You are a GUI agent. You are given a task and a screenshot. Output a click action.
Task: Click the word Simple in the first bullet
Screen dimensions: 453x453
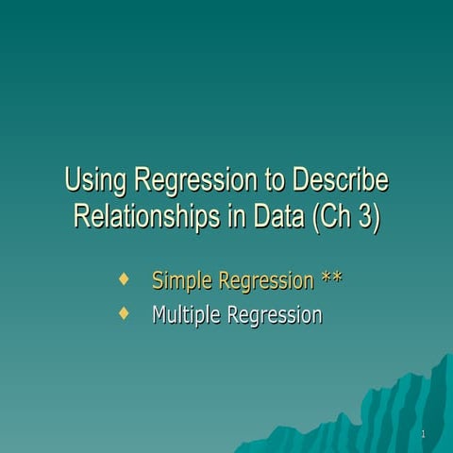(x=181, y=280)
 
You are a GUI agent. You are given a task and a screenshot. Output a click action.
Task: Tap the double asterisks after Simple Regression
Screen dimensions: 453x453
(x=331, y=279)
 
